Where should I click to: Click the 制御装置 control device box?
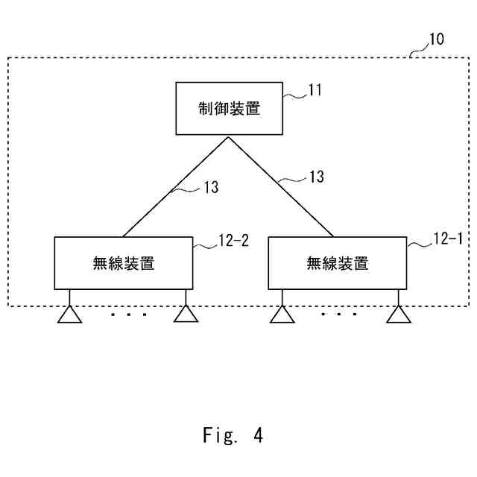pyautogui.click(x=230, y=108)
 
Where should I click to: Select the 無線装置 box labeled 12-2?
pyautogui.click(x=124, y=262)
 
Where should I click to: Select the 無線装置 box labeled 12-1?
pyautogui.click(x=337, y=262)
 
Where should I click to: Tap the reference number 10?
pyautogui.click(x=436, y=40)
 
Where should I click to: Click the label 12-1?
pyautogui.click(x=448, y=240)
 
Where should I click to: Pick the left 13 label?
pyautogui.click(x=211, y=188)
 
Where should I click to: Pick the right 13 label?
pyautogui.click(x=317, y=177)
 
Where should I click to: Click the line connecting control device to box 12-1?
pyautogui.click(x=283, y=186)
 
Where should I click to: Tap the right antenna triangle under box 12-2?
pyautogui.click(x=186, y=315)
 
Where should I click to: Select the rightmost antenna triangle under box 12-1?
pyautogui.click(x=399, y=315)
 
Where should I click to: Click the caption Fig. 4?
pyautogui.click(x=233, y=435)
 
